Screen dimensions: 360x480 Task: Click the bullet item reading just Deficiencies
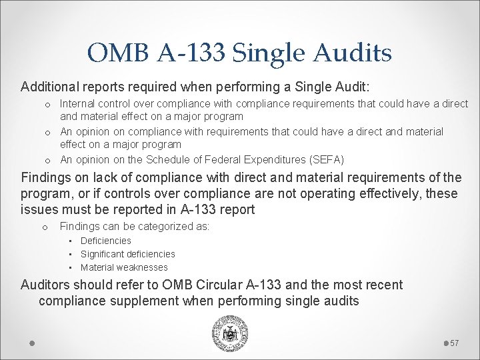click(x=106, y=241)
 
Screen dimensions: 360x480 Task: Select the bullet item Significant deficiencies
click(x=127, y=254)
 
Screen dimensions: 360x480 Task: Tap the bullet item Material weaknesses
click(x=124, y=267)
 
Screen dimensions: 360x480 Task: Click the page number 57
click(x=455, y=343)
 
